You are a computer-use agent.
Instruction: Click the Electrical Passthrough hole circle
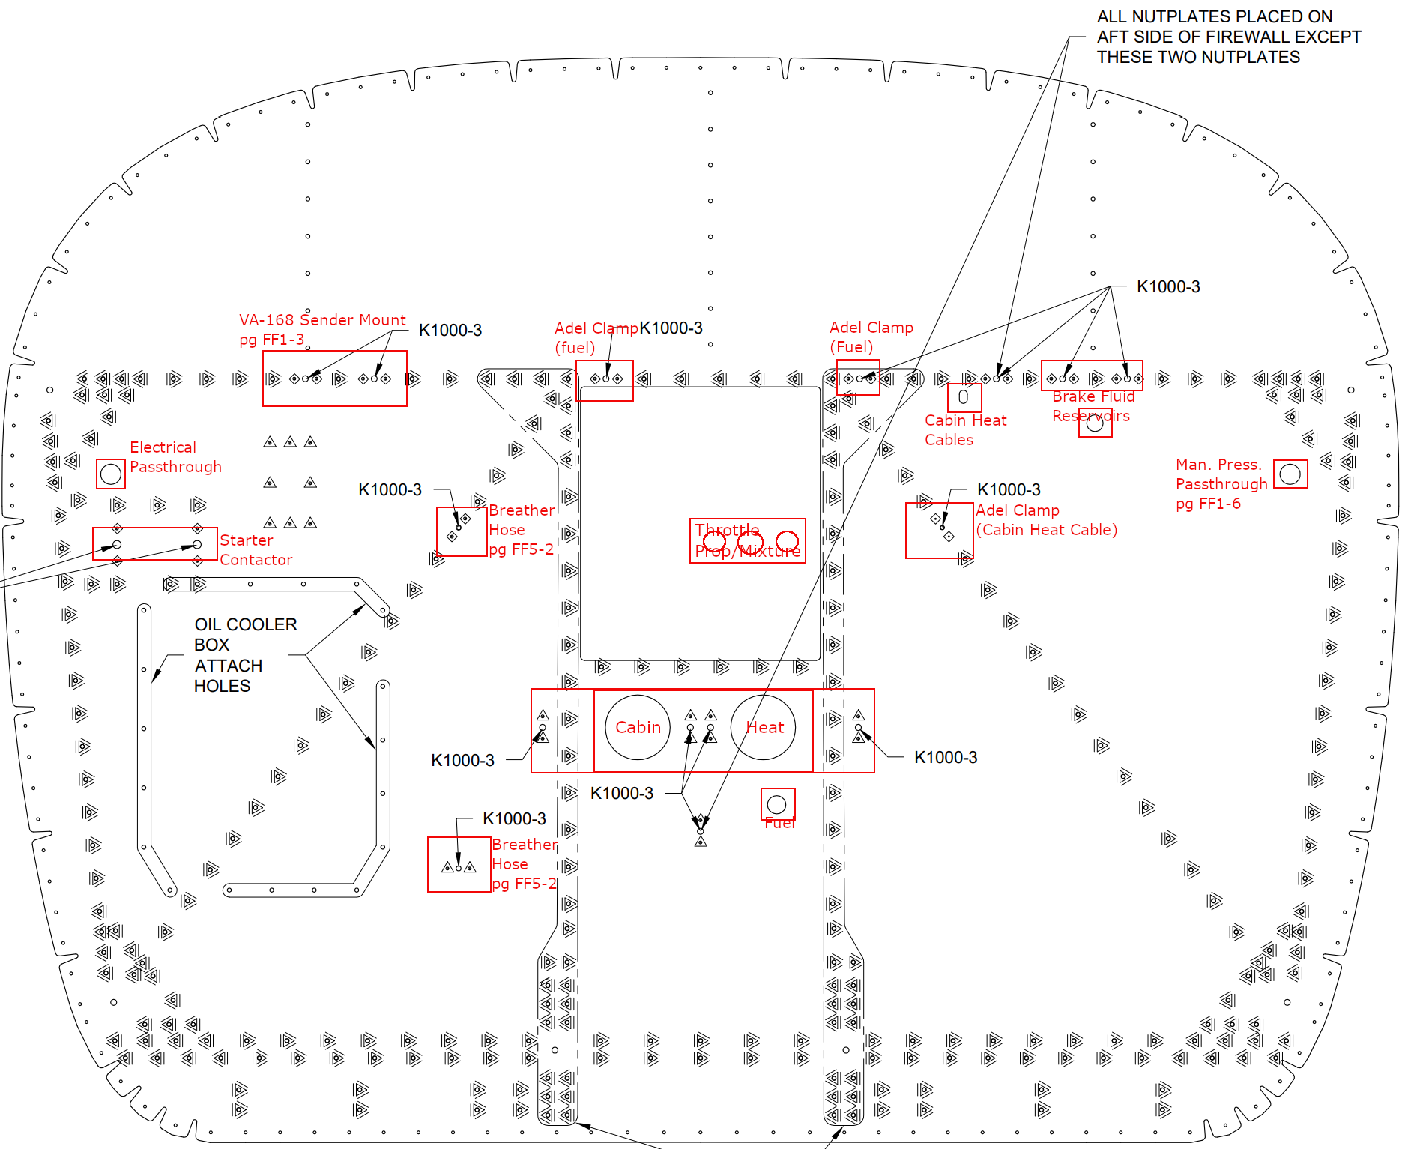(x=111, y=474)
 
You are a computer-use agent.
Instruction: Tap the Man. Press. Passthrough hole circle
(x=1290, y=474)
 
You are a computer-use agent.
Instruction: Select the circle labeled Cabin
(x=638, y=727)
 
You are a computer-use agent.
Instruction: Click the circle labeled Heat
(x=763, y=727)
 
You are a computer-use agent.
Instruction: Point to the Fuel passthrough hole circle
(x=776, y=805)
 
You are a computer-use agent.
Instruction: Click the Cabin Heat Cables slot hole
(x=964, y=397)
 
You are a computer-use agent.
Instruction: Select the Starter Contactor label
(x=256, y=550)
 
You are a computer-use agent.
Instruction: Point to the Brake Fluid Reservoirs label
(x=1093, y=406)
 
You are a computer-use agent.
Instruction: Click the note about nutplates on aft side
(x=1228, y=37)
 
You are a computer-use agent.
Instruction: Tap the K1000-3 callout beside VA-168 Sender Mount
(x=450, y=330)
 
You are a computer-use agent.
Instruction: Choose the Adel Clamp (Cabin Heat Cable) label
(x=1046, y=520)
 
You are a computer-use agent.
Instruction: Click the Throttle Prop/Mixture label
(x=747, y=540)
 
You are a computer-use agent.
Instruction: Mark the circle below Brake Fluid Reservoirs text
(x=1095, y=423)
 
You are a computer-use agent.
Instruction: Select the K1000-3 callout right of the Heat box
(x=945, y=757)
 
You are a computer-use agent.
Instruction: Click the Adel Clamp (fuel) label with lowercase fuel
(x=596, y=337)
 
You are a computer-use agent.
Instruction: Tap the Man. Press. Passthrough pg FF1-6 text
(x=1221, y=484)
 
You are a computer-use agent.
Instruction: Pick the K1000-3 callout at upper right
(x=1167, y=286)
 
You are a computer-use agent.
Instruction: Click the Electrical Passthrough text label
(x=175, y=457)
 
